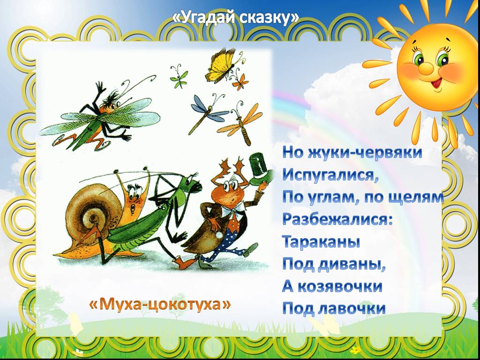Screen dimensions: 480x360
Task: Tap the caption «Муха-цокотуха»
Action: [x=160, y=304]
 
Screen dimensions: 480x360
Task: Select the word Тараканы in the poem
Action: [x=321, y=241]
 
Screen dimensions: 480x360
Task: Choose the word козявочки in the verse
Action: [x=340, y=286]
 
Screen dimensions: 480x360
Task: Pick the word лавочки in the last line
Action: [x=352, y=308]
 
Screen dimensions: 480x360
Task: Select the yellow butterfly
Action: [x=222, y=66]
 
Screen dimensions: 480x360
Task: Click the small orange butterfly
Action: [x=240, y=82]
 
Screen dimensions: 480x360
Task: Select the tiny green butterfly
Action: [x=179, y=76]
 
